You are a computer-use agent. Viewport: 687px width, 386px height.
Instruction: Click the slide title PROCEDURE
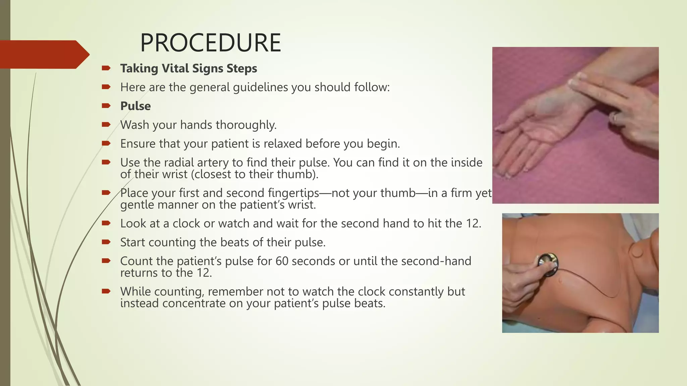click(x=210, y=43)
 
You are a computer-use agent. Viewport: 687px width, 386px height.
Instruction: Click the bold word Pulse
click(x=136, y=106)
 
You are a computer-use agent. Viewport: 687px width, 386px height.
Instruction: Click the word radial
click(x=178, y=163)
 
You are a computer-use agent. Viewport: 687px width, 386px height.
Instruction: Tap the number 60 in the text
click(x=282, y=261)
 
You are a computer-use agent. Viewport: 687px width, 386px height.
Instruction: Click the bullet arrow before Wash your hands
click(x=106, y=125)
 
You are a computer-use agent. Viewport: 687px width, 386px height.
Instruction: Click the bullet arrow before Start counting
click(x=106, y=242)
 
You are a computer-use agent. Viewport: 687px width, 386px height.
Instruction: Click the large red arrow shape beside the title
click(x=44, y=54)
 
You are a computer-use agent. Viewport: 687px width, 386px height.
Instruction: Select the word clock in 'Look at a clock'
click(x=188, y=223)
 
